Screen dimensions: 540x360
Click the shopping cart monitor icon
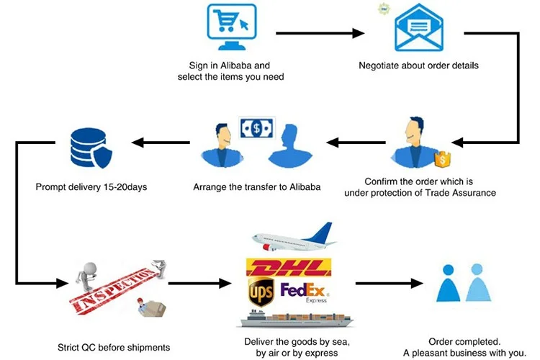(x=231, y=27)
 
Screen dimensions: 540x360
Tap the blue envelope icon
(x=419, y=27)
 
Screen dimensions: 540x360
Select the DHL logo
(x=289, y=267)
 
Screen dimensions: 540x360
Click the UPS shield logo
(x=261, y=292)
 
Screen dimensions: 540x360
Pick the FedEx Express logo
(x=305, y=292)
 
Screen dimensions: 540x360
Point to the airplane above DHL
(x=294, y=237)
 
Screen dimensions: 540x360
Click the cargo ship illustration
(x=297, y=319)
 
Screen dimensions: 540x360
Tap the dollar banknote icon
(x=257, y=128)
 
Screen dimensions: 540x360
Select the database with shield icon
(x=91, y=148)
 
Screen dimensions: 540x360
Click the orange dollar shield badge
(x=443, y=159)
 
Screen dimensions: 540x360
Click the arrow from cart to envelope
(x=320, y=33)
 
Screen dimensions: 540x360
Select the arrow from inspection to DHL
(x=199, y=283)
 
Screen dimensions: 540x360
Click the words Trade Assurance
(x=461, y=193)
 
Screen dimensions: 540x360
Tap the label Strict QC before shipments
(x=114, y=347)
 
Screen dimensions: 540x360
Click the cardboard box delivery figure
(x=151, y=307)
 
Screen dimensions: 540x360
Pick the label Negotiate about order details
(x=418, y=66)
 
